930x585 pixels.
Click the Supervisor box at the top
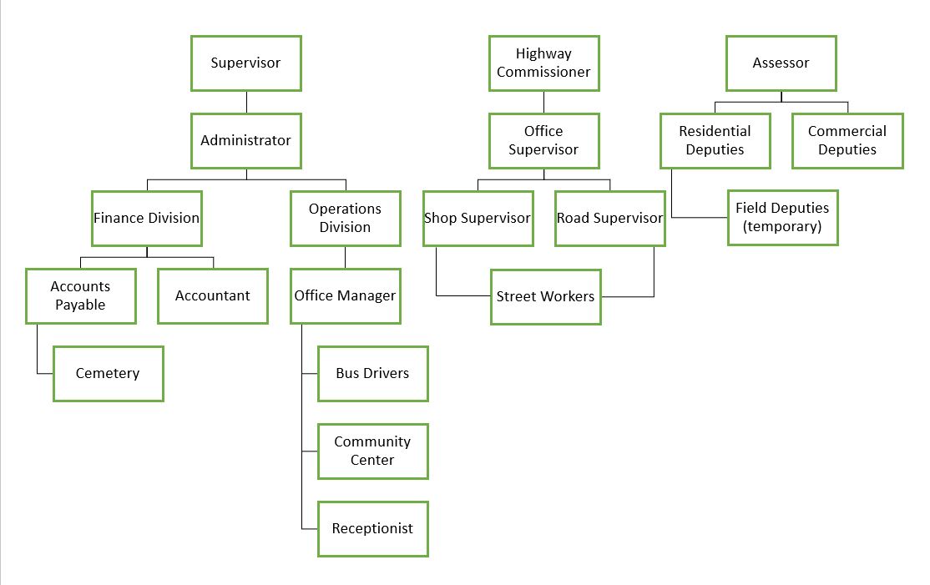[x=245, y=63]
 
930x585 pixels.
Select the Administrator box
[x=245, y=140]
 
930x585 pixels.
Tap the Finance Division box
[x=147, y=218]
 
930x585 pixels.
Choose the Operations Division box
[x=345, y=218]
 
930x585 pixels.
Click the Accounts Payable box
[x=80, y=295]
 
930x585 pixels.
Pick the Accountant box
[x=212, y=295]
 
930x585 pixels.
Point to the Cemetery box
[x=108, y=373]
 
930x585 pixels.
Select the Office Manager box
[x=345, y=295]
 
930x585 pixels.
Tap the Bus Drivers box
[x=372, y=373]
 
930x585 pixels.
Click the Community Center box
[x=372, y=451]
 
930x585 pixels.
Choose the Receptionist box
[x=372, y=528]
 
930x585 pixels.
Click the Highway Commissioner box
[x=543, y=63]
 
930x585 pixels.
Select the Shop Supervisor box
[x=478, y=218]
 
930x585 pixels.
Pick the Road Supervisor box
[x=609, y=218]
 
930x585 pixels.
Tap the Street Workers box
[x=545, y=296]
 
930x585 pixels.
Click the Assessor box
[x=781, y=63]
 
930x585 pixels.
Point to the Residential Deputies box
[x=715, y=140]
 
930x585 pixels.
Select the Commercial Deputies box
[x=847, y=140]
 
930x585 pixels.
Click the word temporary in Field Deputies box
[x=782, y=227]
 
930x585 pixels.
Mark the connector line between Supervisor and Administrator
[x=246, y=102]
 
